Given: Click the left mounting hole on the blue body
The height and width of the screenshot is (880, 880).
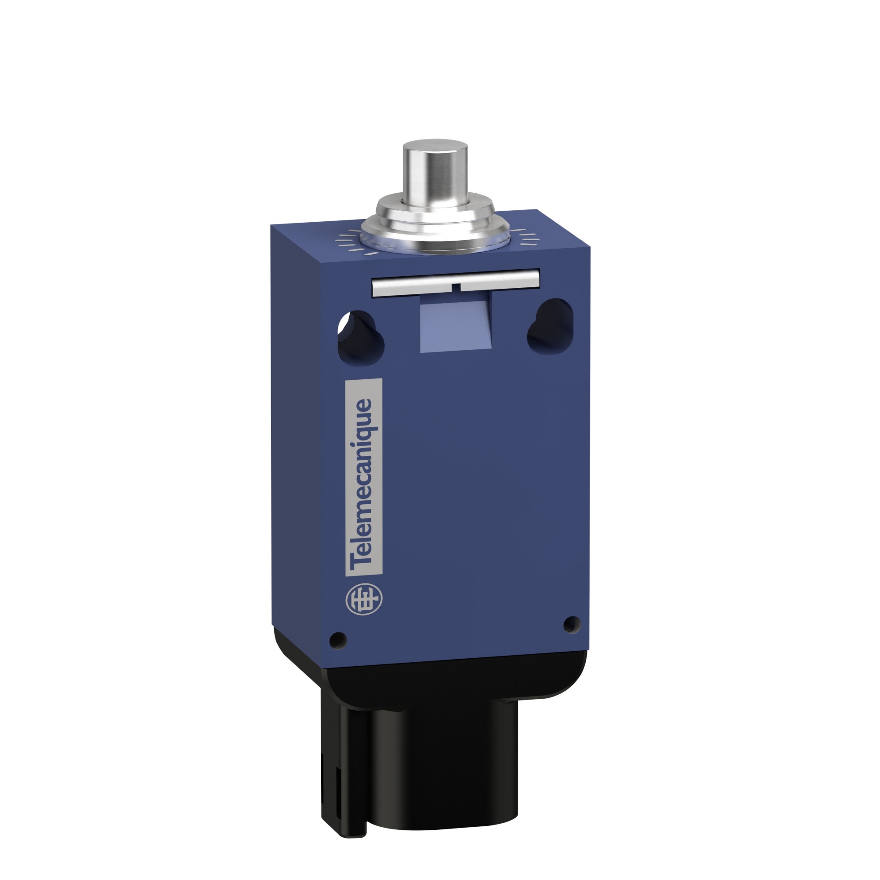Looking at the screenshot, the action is (x=361, y=334).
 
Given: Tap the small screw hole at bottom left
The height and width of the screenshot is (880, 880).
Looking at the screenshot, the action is (x=338, y=640).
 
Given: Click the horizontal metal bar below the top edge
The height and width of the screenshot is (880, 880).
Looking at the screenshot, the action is (x=456, y=284).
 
